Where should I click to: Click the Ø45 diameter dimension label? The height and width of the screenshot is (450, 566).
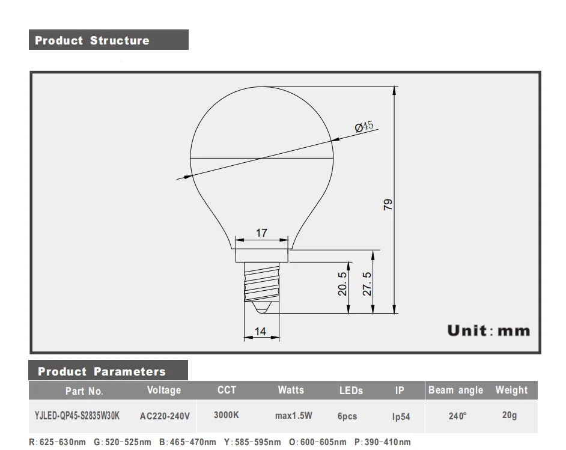[x=364, y=126]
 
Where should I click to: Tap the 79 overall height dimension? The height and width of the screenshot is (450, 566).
[x=388, y=205]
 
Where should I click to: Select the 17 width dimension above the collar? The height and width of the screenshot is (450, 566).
[x=262, y=233]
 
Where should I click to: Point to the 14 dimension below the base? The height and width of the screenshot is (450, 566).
[x=260, y=331]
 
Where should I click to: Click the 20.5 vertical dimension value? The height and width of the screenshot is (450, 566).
[x=342, y=284]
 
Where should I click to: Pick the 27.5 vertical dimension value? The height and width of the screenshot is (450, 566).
[x=367, y=284]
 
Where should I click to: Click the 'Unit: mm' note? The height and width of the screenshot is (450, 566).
[x=488, y=330]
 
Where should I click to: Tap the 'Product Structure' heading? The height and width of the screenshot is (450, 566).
[x=92, y=40]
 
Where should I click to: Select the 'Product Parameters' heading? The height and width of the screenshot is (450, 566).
[x=102, y=371]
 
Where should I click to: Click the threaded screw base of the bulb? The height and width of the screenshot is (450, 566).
[x=262, y=282]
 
